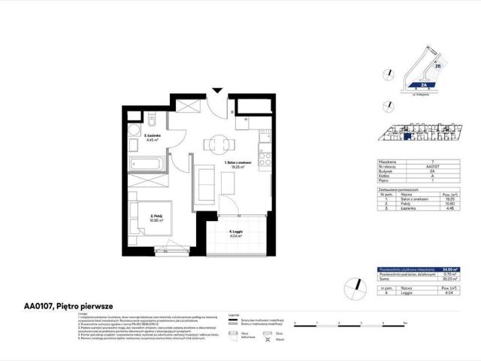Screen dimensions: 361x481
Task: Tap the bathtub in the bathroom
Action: click(x=149, y=163)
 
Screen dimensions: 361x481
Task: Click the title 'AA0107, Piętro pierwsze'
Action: click(x=57, y=306)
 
